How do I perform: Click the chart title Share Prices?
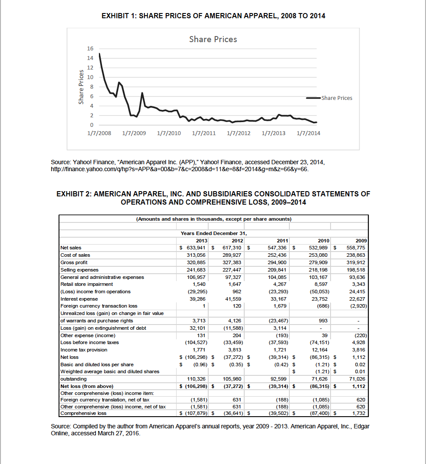pos(213,39)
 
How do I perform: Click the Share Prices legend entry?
pos(337,98)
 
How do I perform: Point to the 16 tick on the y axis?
pos(90,49)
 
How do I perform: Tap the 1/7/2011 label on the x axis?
pos(203,133)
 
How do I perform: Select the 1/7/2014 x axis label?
pos(308,133)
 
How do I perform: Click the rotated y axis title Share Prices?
pos(81,87)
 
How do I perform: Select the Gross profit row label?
pos(74,262)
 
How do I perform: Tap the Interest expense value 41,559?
pos(233,299)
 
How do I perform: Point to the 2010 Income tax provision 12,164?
pos(321,350)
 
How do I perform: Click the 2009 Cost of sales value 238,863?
pos(358,255)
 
